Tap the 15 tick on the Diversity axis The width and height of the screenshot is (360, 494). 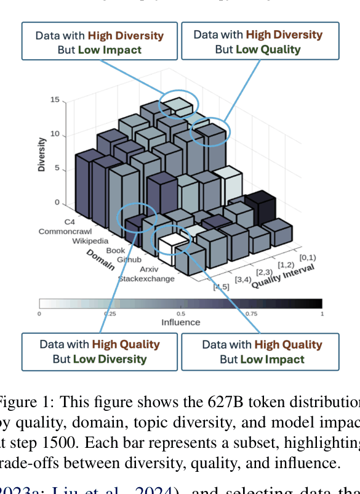[x=55, y=100]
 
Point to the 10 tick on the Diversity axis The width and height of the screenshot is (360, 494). [x=55, y=134]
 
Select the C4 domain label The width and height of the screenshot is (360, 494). [x=70, y=221]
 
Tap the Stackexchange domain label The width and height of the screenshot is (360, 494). [x=146, y=279]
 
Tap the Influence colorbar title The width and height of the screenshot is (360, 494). [x=180, y=322]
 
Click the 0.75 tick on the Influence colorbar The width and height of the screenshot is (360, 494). [x=251, y=314]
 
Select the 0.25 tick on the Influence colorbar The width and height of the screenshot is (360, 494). [x=110, y=314]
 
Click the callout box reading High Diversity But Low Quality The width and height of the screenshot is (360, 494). [x=260, y=41]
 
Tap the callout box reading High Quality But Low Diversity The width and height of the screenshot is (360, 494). [x=100, y=351]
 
